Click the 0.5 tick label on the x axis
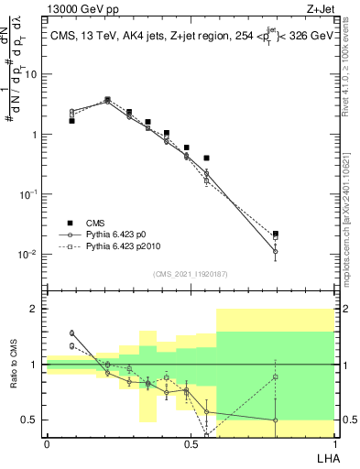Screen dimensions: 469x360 point(191,443)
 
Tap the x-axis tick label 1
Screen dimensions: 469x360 point(333,443)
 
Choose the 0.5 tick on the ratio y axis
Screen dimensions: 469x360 point(32,420)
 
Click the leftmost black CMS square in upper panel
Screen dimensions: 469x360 point(71,120)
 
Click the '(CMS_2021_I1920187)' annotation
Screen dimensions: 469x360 point(191,273)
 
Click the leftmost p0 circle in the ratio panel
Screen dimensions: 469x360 point(71,333)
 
